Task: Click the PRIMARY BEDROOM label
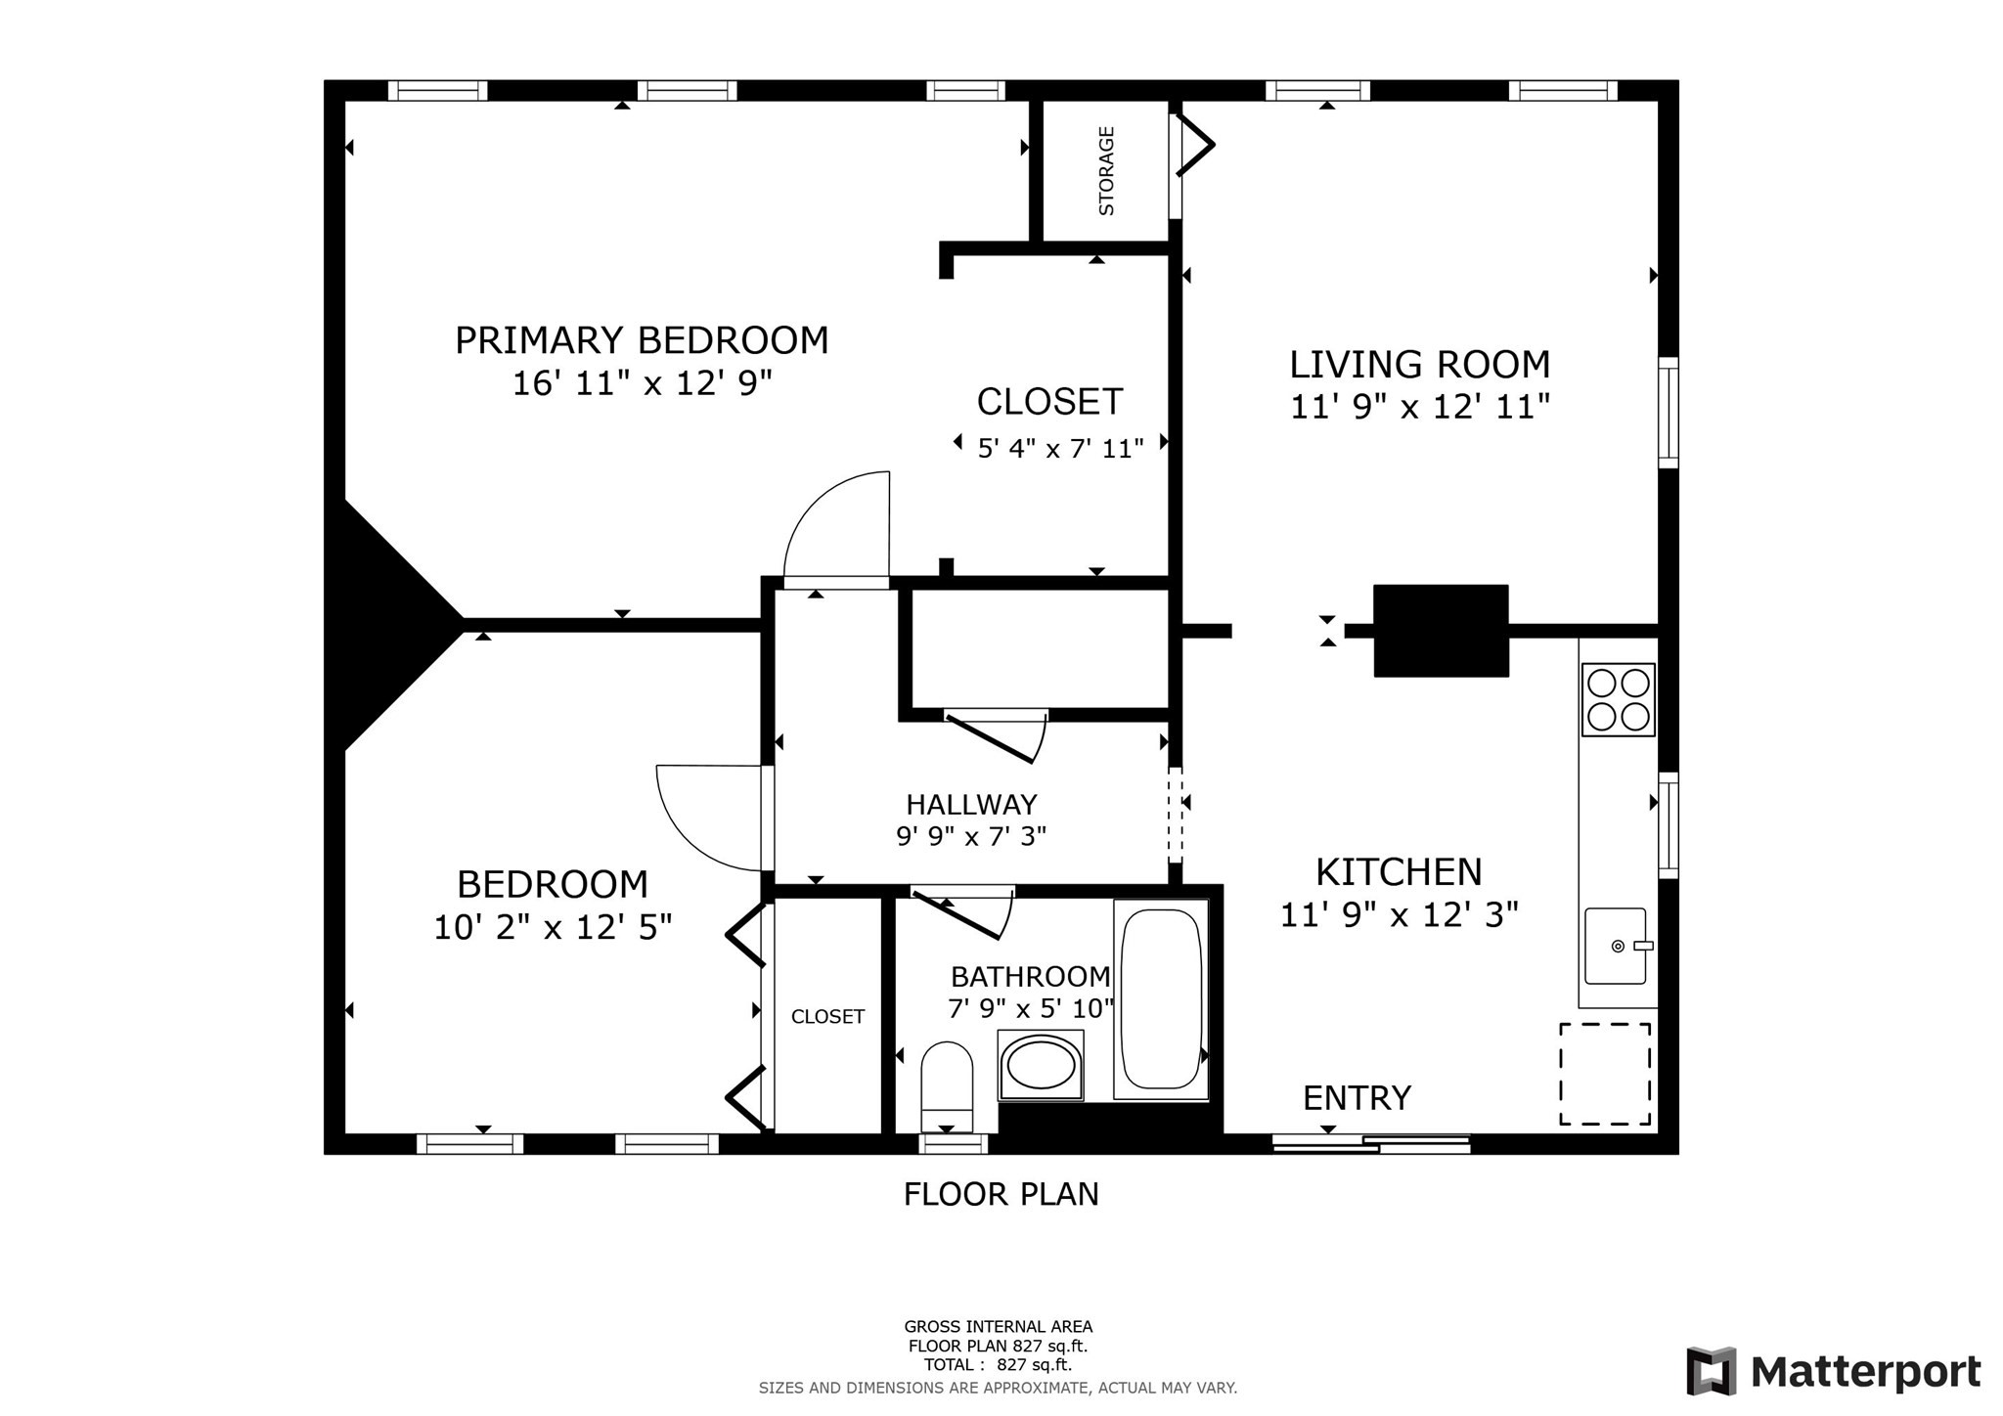point(642,340)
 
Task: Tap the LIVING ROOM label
point(1420,365)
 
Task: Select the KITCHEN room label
point(1399,871)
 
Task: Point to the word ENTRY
point(1358,1098)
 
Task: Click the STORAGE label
point(1106,170)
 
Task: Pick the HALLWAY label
point(971,805)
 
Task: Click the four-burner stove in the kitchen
point(1618,699)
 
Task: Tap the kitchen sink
point(1618,946)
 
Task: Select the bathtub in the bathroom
point(1161,998)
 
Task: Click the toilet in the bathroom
point(947,1086)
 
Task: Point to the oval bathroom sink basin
point(1041,1065)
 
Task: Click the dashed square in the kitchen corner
point(1605,1074)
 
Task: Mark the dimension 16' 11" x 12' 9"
point(643,383)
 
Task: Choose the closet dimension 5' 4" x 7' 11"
point(1061,449)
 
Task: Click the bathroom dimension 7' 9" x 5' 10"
point(1031,1008)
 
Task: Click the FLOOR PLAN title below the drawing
point(1001,1194)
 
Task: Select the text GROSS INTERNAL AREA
point(999,1327)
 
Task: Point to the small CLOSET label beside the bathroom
point(827,1017)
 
